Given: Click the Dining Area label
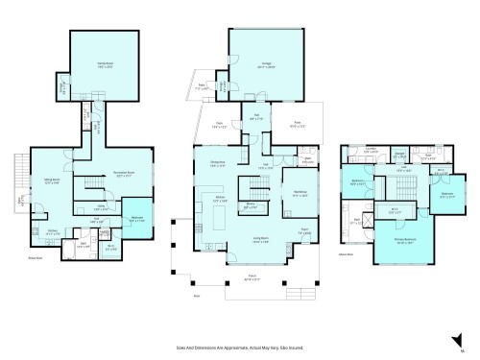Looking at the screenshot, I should (x=218, y=164).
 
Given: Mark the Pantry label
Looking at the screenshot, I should (x=250, y=204).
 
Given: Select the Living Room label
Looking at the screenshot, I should (x=257, y=241).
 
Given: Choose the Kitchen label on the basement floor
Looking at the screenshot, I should (x=53, y=231).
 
